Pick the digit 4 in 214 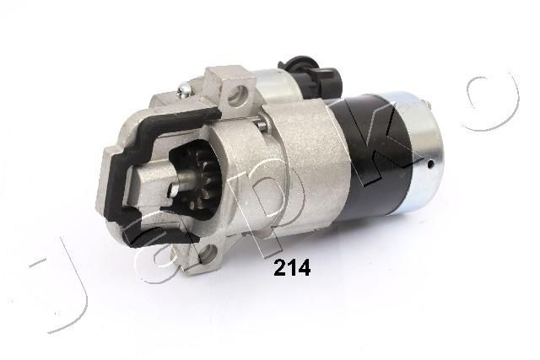305,269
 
